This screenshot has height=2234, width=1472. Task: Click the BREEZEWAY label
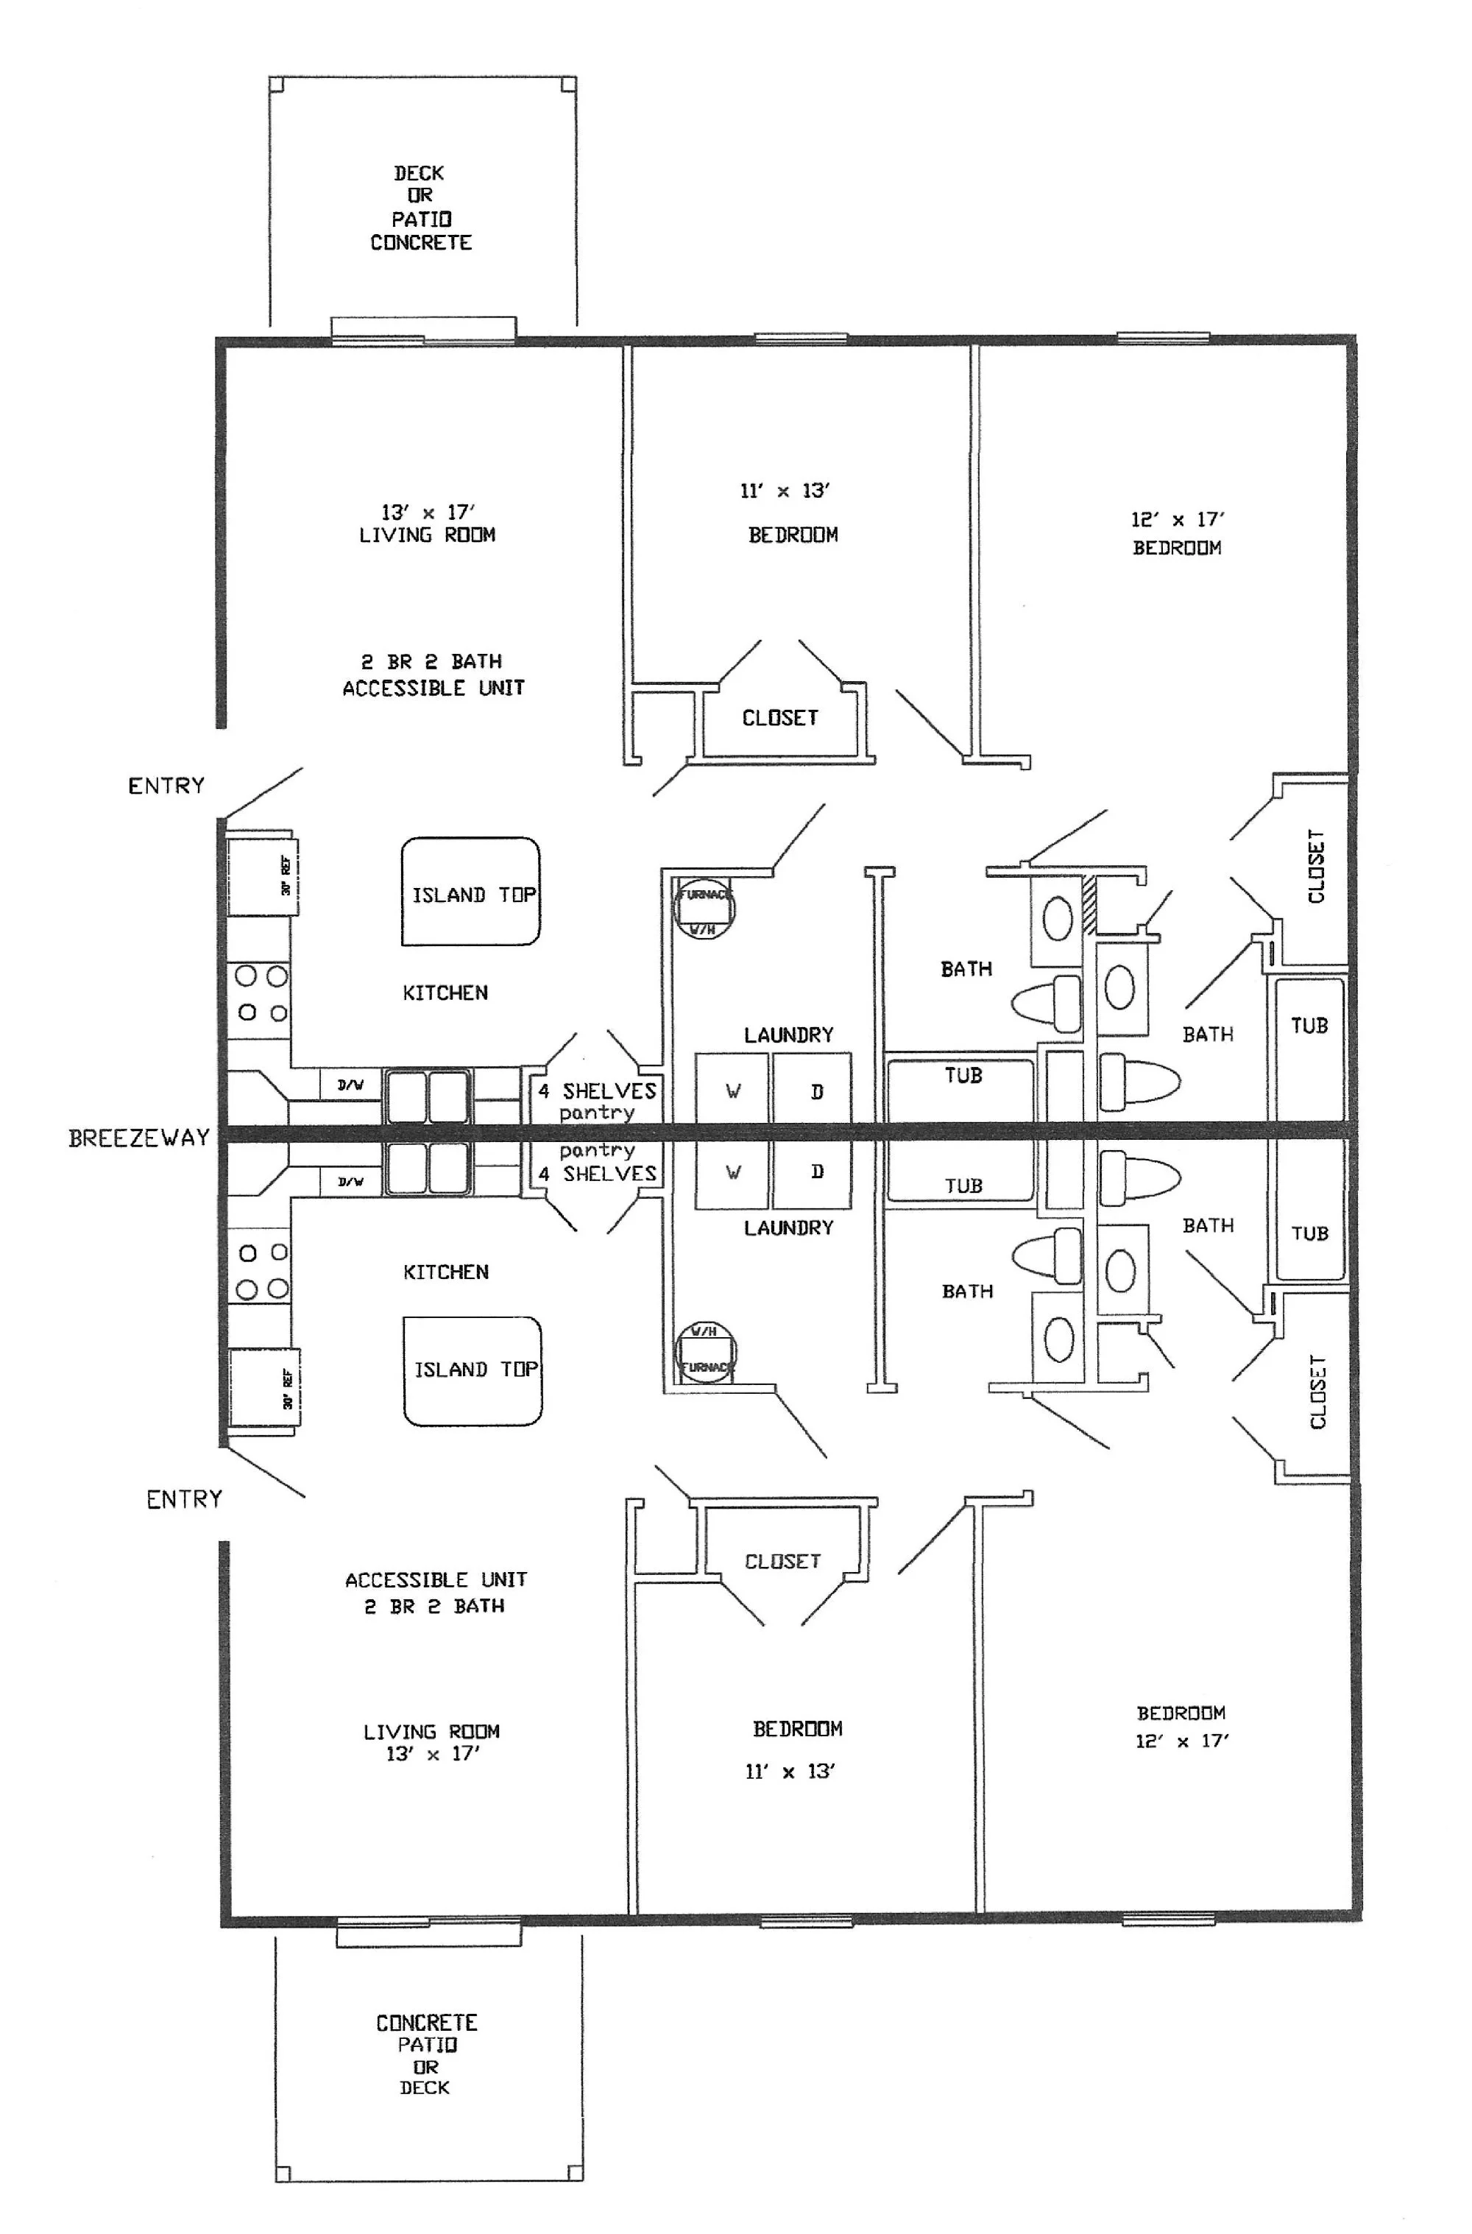[139, 1138]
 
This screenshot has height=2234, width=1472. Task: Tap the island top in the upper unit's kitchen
[471, 892]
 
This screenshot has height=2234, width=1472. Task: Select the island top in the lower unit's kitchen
[473, 1370]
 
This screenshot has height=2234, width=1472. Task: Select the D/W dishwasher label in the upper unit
[350, 1085]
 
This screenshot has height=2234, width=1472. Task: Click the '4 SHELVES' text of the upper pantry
[598, 1090]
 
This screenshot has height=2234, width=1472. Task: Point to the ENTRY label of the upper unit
[166, 786]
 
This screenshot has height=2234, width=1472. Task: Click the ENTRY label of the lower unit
[184, 1500]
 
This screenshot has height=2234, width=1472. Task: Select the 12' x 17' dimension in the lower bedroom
[1181, 1741]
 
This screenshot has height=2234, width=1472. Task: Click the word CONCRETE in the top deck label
[420, 243]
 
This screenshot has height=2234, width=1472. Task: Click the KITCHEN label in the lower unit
[446, 1272]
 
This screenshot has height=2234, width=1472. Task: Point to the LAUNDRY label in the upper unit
[788, 1035]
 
